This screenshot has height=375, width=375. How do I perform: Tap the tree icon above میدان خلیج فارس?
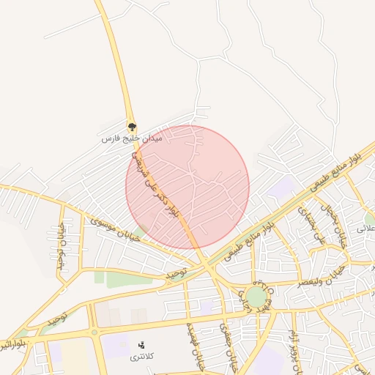coord(132,127)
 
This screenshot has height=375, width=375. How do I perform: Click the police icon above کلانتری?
coord(141,344)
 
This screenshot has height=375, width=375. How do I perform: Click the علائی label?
coord(365,229)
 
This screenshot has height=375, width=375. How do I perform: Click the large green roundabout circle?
coord(256,297)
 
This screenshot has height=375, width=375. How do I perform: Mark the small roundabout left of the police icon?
coord(94,332)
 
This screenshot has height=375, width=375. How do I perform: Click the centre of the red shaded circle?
coord(187,187)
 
